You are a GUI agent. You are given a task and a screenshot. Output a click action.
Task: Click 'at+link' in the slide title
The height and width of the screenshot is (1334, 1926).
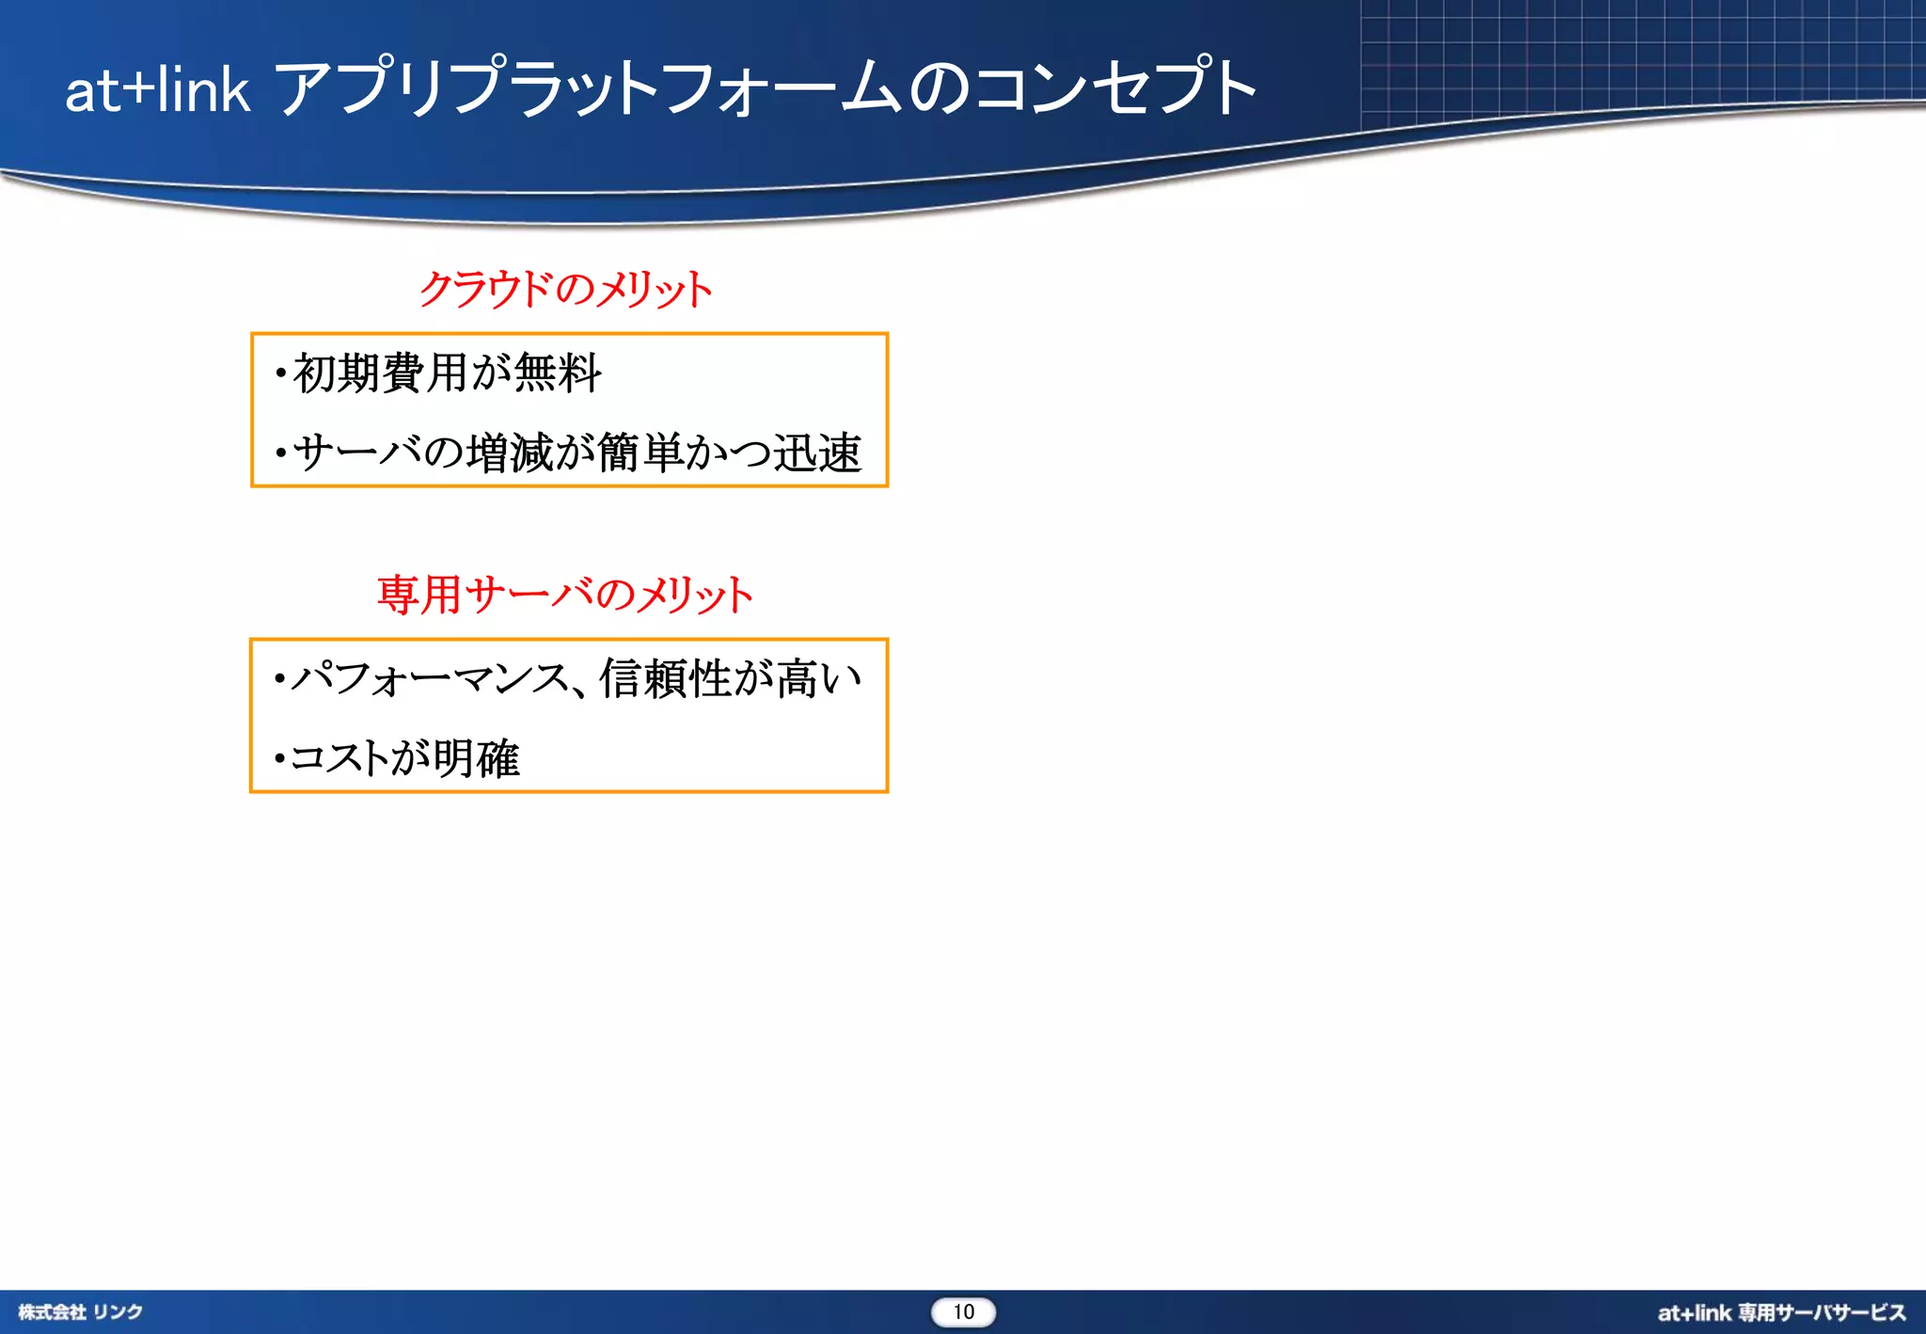[157, 90]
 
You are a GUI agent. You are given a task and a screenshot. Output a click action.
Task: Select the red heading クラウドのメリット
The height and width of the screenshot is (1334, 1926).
[565, 289]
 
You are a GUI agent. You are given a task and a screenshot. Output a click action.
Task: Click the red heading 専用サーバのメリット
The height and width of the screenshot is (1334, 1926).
[565, 595]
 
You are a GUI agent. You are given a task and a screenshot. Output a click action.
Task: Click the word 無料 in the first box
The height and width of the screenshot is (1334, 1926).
[558, 373]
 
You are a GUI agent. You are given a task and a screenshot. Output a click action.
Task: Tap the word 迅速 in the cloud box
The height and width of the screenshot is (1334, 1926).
[816, 453]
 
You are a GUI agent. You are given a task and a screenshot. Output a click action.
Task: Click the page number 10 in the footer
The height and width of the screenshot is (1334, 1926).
[963, 1312]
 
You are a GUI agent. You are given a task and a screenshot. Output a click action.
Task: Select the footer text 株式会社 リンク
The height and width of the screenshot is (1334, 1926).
[81, 1312]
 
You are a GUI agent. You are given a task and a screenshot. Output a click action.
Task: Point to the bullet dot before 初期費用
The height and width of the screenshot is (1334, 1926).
[280, 374]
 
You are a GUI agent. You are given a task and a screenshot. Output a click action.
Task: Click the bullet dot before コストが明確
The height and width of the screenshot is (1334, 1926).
[279, 758]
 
